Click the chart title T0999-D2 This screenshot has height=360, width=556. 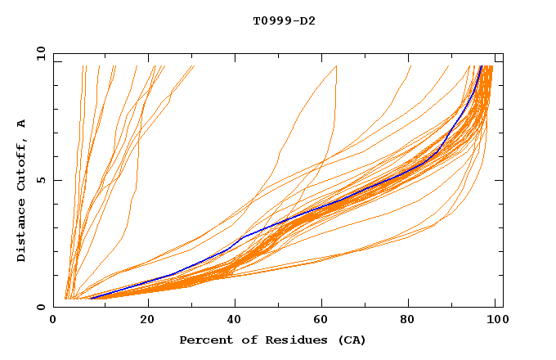tap(284, 20)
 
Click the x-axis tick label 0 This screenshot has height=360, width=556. tap(54, 320)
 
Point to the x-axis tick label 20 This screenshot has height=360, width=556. tap(148, 320)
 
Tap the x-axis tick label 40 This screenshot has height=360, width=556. tap(235, 320)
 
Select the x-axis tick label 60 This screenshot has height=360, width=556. tap(322, 320)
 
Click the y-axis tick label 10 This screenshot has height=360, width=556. tap(41, 53)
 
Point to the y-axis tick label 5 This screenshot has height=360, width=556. tap(44, 180)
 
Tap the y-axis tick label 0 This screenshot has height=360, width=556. tap(44, 307)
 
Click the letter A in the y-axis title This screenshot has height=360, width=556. tap(22, 124)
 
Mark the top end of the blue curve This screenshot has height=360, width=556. tap(482, 66)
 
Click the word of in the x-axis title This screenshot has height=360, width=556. tap(245, 340)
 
